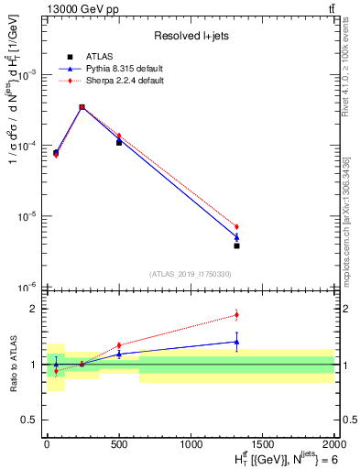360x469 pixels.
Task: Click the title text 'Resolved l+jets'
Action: pos(190,36)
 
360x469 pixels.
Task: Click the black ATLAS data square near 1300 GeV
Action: pos(236,245)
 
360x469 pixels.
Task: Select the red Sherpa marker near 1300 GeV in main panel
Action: pos(236,226)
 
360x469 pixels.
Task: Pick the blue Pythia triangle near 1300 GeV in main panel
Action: pos(236,237)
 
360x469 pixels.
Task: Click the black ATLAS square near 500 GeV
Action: pos(119,143)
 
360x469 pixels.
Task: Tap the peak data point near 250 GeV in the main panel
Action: pos(82,107)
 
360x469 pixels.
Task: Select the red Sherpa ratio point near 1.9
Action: pos(236,315)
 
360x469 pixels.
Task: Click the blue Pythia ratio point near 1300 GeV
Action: pos(236,342)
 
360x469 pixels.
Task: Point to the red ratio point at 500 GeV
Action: pos(119,345)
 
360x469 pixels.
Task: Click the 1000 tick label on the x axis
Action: pos(191,443)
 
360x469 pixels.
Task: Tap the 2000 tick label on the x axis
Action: pos(334,443)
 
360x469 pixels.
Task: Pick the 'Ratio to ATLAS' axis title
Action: pos(11,364)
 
